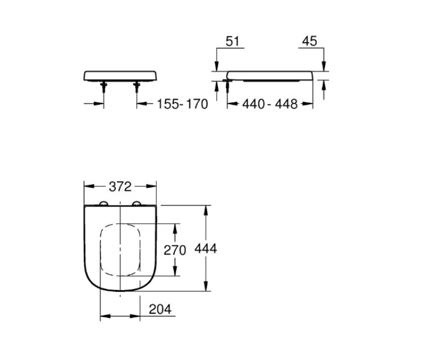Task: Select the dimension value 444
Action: (x=205, y=249)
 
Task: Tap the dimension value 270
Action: (x=174, y=250)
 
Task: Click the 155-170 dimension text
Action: (x=182, y=104)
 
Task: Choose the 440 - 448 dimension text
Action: (x=270, y=104)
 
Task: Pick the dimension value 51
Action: (x=232, y=42)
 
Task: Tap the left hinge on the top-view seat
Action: (x=103, y=204)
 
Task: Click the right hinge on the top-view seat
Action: (x=137, y=204)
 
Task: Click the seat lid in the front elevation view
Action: (x=120, y=75)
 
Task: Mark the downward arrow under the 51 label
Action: (x=217, y=67)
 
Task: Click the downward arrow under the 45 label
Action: (x=324, y=67)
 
